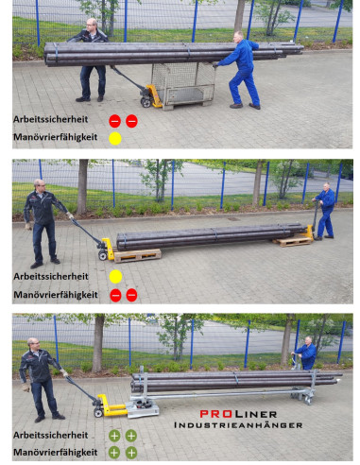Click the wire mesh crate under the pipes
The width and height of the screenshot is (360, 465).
tap(189, 79)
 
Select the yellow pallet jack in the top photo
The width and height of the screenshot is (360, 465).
tap(150, 94)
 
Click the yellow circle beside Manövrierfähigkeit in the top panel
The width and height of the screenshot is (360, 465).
tap(114, 139)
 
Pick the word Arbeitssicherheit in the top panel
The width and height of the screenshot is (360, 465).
tap(50, 121)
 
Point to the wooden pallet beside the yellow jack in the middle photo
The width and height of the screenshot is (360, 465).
tap(136, 254)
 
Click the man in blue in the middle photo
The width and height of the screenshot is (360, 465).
tap(325, 212)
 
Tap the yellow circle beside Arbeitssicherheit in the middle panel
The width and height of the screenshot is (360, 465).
tap(114, 277)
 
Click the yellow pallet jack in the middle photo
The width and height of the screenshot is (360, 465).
tap(105, 250)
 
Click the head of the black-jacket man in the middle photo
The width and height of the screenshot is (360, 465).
tap(40, 185)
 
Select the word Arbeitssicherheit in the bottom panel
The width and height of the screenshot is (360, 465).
tap(50, 436)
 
